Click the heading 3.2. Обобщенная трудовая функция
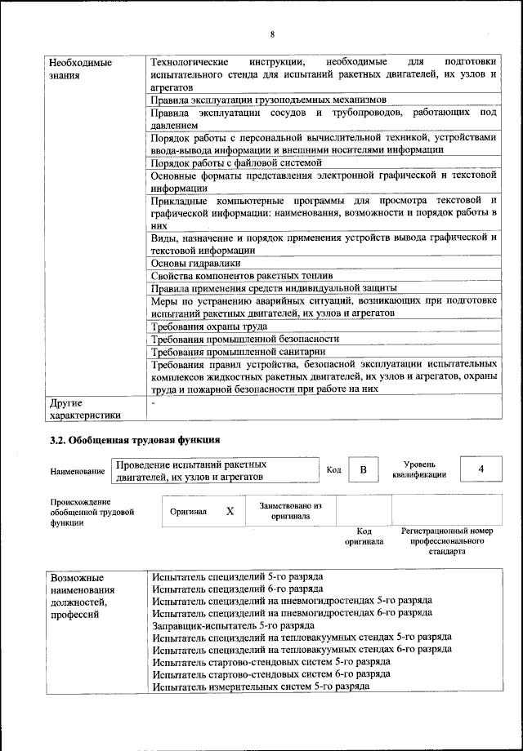135,441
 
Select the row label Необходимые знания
80,69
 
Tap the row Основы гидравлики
195,263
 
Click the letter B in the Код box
364,469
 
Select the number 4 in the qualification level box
481,469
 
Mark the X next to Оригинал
230,511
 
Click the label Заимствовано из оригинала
290,511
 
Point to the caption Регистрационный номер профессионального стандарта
447,541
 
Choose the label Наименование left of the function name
78,471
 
